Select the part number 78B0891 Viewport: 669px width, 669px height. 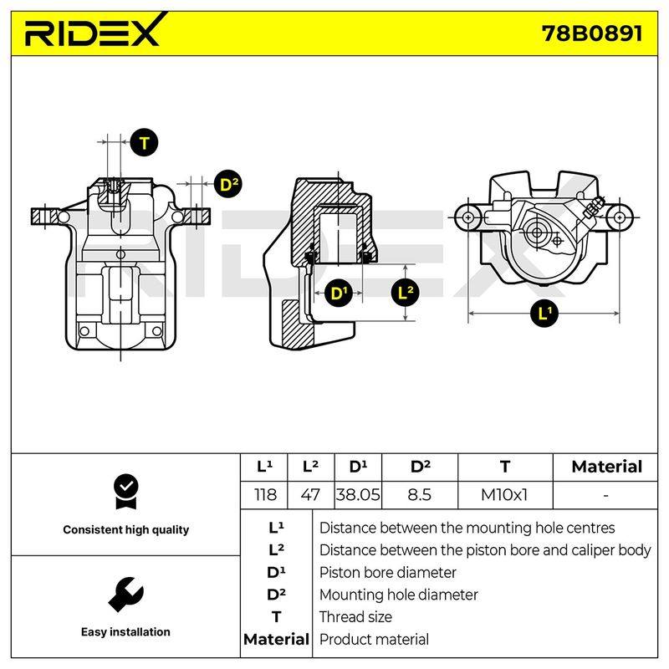coord(592,33)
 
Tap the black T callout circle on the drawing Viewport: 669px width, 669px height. coord(144,142)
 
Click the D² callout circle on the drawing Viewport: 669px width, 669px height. coord(228,184)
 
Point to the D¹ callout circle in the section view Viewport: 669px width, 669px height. coord(338,294)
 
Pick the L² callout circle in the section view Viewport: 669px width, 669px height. coord(406,293)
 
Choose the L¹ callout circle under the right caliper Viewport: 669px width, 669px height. coord(544,314)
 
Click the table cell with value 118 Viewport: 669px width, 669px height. coord(265,495)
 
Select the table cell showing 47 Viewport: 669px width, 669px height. coord(310,495)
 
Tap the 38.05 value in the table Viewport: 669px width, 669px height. coord(358,495)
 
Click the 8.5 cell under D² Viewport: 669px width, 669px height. coord(420,495)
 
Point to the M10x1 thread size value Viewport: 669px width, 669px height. coord(504,495)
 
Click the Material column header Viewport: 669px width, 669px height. coord(606,467)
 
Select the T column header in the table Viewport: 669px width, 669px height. coord(505,467)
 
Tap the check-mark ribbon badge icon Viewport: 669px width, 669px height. coord(126,492)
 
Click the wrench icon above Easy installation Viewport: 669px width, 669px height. coord(126,595)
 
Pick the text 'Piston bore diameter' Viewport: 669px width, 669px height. coord(387,573)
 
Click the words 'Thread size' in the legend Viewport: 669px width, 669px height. coord(355,617)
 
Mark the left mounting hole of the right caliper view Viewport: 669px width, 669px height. coord(468,217)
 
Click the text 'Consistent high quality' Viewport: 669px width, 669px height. coord(126,530)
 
